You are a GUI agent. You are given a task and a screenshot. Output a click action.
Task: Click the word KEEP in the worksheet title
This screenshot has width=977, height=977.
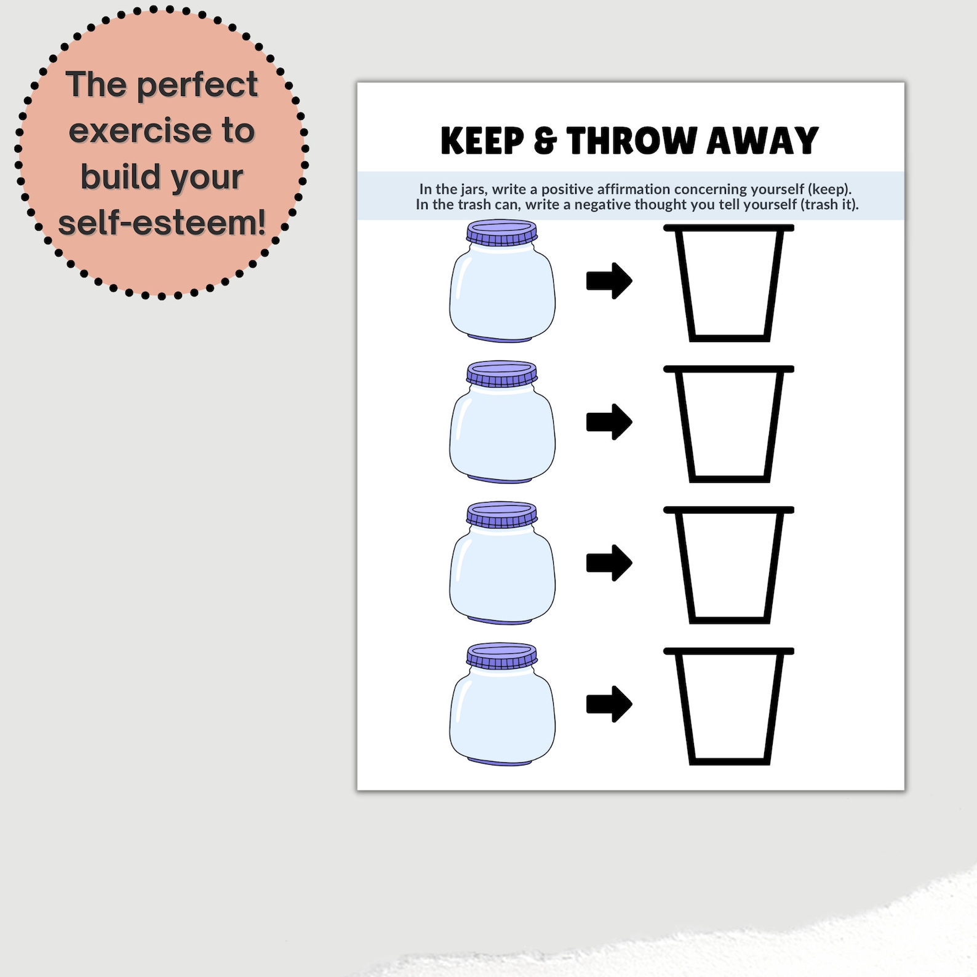pos(482,141)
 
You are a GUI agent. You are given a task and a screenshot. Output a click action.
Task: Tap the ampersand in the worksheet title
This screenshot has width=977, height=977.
pos(545,141)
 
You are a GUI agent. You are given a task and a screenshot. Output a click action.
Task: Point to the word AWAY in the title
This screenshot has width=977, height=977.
pos(762,141)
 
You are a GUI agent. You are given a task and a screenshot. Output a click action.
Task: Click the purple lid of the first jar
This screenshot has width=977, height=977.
pos(501,233)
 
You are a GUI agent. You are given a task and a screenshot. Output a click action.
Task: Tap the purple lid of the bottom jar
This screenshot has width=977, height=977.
pos(501,656)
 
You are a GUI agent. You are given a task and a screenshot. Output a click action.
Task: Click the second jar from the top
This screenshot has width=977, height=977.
pos(502,422)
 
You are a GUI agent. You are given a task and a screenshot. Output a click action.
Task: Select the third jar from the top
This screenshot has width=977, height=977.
pos(502,563)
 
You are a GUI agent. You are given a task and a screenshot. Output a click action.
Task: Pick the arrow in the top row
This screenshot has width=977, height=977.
pos(609,281)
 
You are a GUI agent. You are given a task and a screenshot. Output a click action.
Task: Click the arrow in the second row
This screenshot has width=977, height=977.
pos(609,422)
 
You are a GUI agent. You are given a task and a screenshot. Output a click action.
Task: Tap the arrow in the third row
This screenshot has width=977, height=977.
pos(609,563)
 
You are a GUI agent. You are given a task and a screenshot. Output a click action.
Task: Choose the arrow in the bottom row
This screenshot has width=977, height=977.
pos(609,704)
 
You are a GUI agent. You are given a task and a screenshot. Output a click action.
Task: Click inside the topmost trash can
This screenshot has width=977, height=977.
pos(729,283)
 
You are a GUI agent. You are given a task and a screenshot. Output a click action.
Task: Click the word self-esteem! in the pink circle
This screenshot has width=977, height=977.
pos(162,222)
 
